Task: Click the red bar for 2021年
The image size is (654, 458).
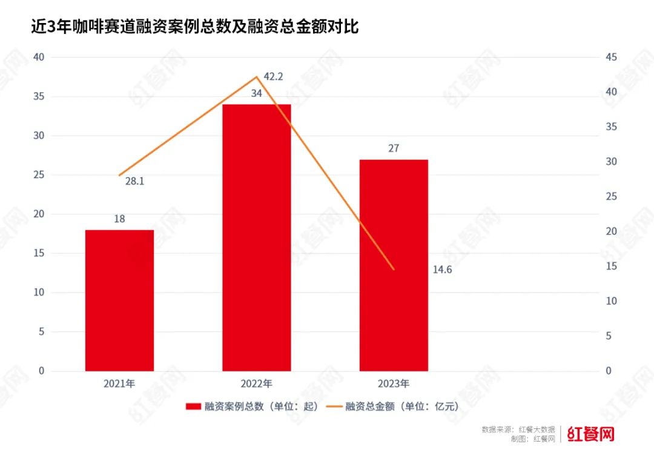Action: pos(119,300)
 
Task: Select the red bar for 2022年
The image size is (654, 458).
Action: pos(256,237)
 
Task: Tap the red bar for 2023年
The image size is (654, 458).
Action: pos(394,265)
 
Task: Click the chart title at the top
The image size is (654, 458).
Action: pos(194,27)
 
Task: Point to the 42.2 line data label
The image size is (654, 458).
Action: pos(274,76)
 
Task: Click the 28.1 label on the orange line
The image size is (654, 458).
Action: pos(134,181)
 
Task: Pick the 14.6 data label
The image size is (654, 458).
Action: pos(442,270)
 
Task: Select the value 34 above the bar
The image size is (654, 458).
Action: pos(256,93)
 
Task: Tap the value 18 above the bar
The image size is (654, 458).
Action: pos(119,219)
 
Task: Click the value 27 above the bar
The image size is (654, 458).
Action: pos(394,148)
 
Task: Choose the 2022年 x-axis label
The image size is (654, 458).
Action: pos(256,383)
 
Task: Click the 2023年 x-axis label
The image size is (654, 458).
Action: pos(394,383)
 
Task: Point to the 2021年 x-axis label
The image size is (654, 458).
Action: pos(119,383)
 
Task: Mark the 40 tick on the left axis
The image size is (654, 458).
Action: pos(39,57)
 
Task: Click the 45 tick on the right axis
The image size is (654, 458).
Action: pos(611,57)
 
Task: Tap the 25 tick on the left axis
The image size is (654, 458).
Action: pos(39,174)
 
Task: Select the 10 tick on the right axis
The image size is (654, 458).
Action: pos(611,301)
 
